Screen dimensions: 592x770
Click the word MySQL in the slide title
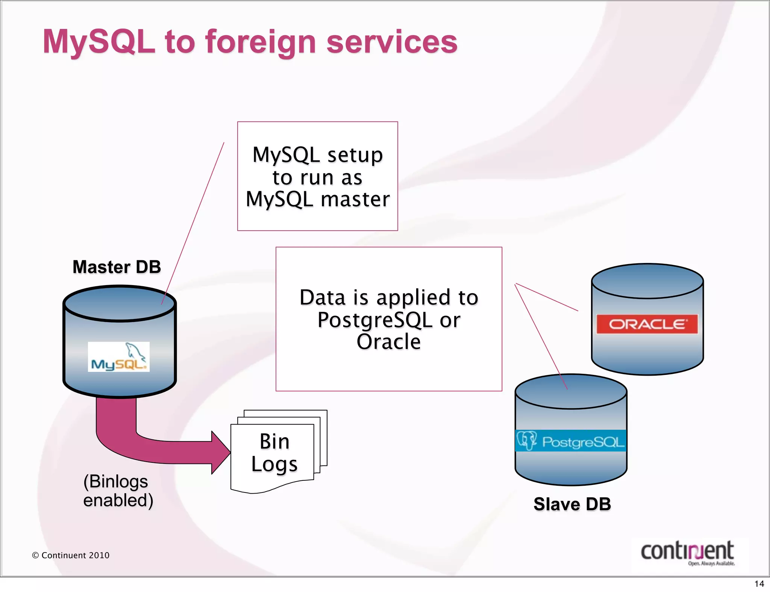point(99,42)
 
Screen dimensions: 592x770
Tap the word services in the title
point(392,42)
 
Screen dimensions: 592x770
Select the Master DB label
point(117,267)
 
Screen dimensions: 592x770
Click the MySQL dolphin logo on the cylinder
point(119,357)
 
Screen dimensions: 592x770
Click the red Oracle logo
point(647,324)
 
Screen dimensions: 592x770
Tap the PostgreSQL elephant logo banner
point(570,441)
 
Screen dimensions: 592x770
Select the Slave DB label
point(572,504)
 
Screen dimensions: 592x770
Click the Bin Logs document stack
point(274,453)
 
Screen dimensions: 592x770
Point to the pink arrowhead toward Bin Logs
point(220,452)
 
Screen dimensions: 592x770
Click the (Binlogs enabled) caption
point(118,491)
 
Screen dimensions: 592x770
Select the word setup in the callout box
point(355,155)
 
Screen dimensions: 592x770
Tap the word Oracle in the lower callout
point(388,342)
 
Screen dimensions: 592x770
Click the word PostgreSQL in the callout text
point(375,320)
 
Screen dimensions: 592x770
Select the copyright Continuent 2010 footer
point(71,555)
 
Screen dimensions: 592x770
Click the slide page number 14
point(759,584)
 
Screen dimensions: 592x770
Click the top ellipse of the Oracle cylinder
point(647,281)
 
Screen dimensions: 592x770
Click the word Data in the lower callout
point(323,298)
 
